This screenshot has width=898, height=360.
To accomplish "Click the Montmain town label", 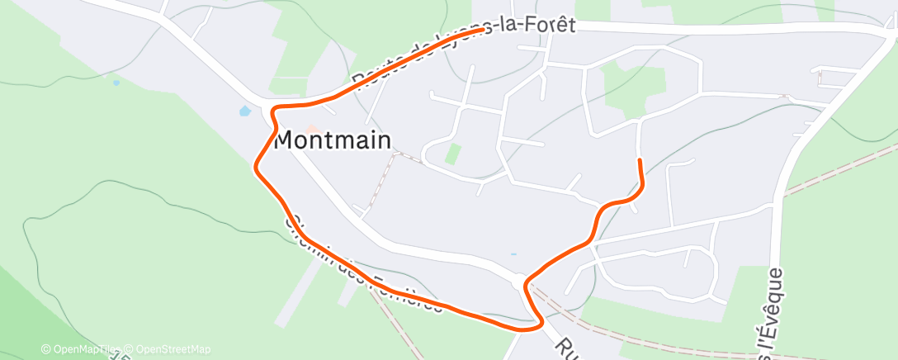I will pos(332,140).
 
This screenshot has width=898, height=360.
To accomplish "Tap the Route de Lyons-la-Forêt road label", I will pos(462,50).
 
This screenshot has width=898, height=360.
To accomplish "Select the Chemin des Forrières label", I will pos(363,264).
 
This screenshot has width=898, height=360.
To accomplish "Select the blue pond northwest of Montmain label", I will pos(244,111).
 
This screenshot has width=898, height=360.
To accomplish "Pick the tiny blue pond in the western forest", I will pos(116,83).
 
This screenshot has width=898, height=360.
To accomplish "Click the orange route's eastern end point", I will pos(640,159).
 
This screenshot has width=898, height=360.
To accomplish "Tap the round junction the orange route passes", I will pos(519,282).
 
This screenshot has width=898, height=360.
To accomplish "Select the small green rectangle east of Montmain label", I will pos(452,154).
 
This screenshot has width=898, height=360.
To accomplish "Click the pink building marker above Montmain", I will pos(311,128).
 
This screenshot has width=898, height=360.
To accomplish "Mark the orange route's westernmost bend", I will pos(256,165).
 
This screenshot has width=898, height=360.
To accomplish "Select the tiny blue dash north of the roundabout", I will pos(513,254).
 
